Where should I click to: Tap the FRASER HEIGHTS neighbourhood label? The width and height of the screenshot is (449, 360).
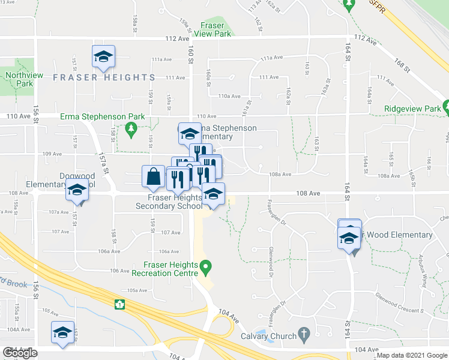[104, 77]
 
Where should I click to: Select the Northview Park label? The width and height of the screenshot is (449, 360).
[19, 79]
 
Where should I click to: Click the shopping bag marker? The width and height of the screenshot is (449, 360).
[153, 176]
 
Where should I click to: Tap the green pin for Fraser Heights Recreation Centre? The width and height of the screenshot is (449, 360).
[205, 265]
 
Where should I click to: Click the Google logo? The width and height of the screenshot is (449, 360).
[20, 353]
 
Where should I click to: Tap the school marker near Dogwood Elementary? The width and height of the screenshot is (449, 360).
[77, 190]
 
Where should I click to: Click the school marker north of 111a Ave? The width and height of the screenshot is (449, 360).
[103, 56]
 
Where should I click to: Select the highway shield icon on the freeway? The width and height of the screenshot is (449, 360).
[119, 304]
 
